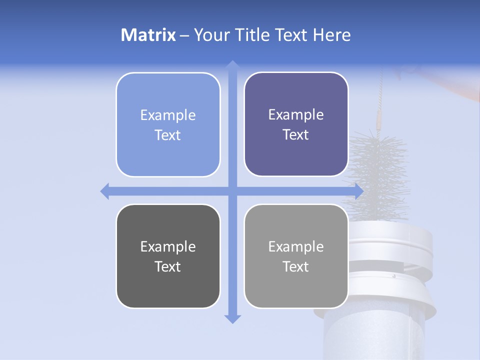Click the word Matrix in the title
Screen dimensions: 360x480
click(x=148, y=35)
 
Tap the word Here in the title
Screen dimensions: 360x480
click(x=331, y=35)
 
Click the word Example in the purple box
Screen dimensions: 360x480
click(x=296, y=115)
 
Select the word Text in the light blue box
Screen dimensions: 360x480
click(x=168, y=135)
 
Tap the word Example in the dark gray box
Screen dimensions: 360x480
click(x=168, y=246)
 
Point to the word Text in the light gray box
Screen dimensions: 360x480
click(x=296, y=266)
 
